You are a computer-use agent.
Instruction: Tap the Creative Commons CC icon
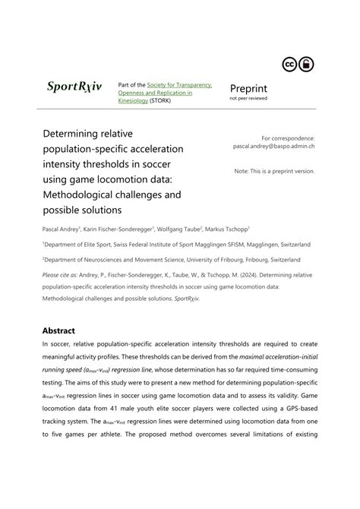coord(291,64)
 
